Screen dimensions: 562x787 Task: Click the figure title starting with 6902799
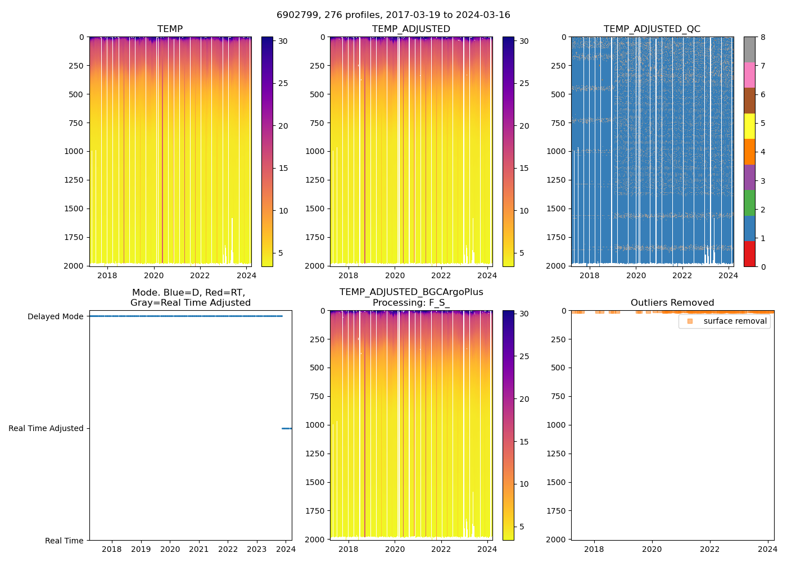(393, 15)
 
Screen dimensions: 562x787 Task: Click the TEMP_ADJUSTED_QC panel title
(652, 29)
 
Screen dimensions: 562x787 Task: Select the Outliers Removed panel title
(672, 302)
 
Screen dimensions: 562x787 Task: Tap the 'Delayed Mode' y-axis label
(55, 316)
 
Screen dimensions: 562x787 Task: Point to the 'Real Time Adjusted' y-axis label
(46, 428)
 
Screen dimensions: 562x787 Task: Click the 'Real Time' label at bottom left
(64, 541)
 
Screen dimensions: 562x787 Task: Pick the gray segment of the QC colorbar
(749, 49)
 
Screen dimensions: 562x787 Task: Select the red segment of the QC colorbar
(749, 253)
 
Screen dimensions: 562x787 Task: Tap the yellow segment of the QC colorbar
(749, 126)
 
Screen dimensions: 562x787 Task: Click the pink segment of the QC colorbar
(749, 75)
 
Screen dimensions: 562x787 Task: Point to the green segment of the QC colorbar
(749, 203)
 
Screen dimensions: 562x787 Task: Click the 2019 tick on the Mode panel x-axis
(141, 549)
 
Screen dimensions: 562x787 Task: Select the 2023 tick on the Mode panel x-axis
(257, 549)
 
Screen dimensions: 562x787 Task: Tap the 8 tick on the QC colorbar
(763, 37)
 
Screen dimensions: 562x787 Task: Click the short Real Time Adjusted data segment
(287, 428)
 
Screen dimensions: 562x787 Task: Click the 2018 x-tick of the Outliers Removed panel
(594, 549)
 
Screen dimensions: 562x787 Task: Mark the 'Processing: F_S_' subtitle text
(411, 302)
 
